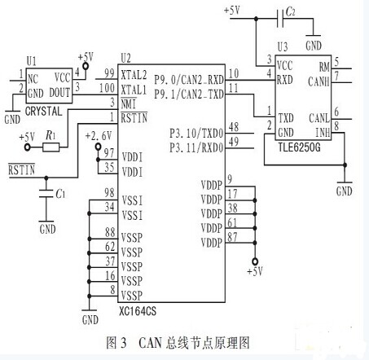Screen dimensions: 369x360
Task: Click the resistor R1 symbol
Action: pyautogui.click(x=51, y=147)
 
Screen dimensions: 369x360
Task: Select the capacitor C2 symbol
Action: pyautogui.click(x=280, y=19)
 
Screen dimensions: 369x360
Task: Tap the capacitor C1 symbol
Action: pyautogui.click(x=46, y=193)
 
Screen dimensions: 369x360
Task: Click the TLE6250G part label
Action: pyautogui.click(x=299, y=147)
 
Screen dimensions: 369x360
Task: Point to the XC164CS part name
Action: pyautogui.click(x=138, y=311)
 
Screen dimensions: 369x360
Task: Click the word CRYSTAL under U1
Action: pyautogui.click(x=43, y=111)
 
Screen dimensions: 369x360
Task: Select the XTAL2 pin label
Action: pyautogui.click(x=134, y=75)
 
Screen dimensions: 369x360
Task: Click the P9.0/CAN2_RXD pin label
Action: pyautogui.click(x=189, y=80)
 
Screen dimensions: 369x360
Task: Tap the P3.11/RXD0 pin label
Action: pyautogui.click(x=196, y=147)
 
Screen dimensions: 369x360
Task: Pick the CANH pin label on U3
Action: pyautogui.click(x=318, y=81)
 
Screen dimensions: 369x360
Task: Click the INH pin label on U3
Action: pyautogui.click(x=323, y=133)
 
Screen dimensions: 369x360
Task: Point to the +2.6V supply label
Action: pyautogui.click(x=99, y=136)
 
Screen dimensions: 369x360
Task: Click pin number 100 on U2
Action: pyautogui.click(x=107, y=88)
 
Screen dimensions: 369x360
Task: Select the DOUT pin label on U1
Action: pyautogui.click(x=59, y=93)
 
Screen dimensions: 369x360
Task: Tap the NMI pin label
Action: pyautogui.click(x=128, y=104)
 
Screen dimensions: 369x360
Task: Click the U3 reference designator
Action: pyautogui.click(x=283, y=47)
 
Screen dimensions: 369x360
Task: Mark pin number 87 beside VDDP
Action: pyautogui.click(x=232, y=237)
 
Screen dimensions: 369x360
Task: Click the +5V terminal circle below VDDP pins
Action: pyautogui.click(x=255, y=261)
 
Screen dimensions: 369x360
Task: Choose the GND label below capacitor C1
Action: pyautogui.click(x=47, y=229)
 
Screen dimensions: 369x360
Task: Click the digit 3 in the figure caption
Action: pyautogui.click(x=124, y=343)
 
